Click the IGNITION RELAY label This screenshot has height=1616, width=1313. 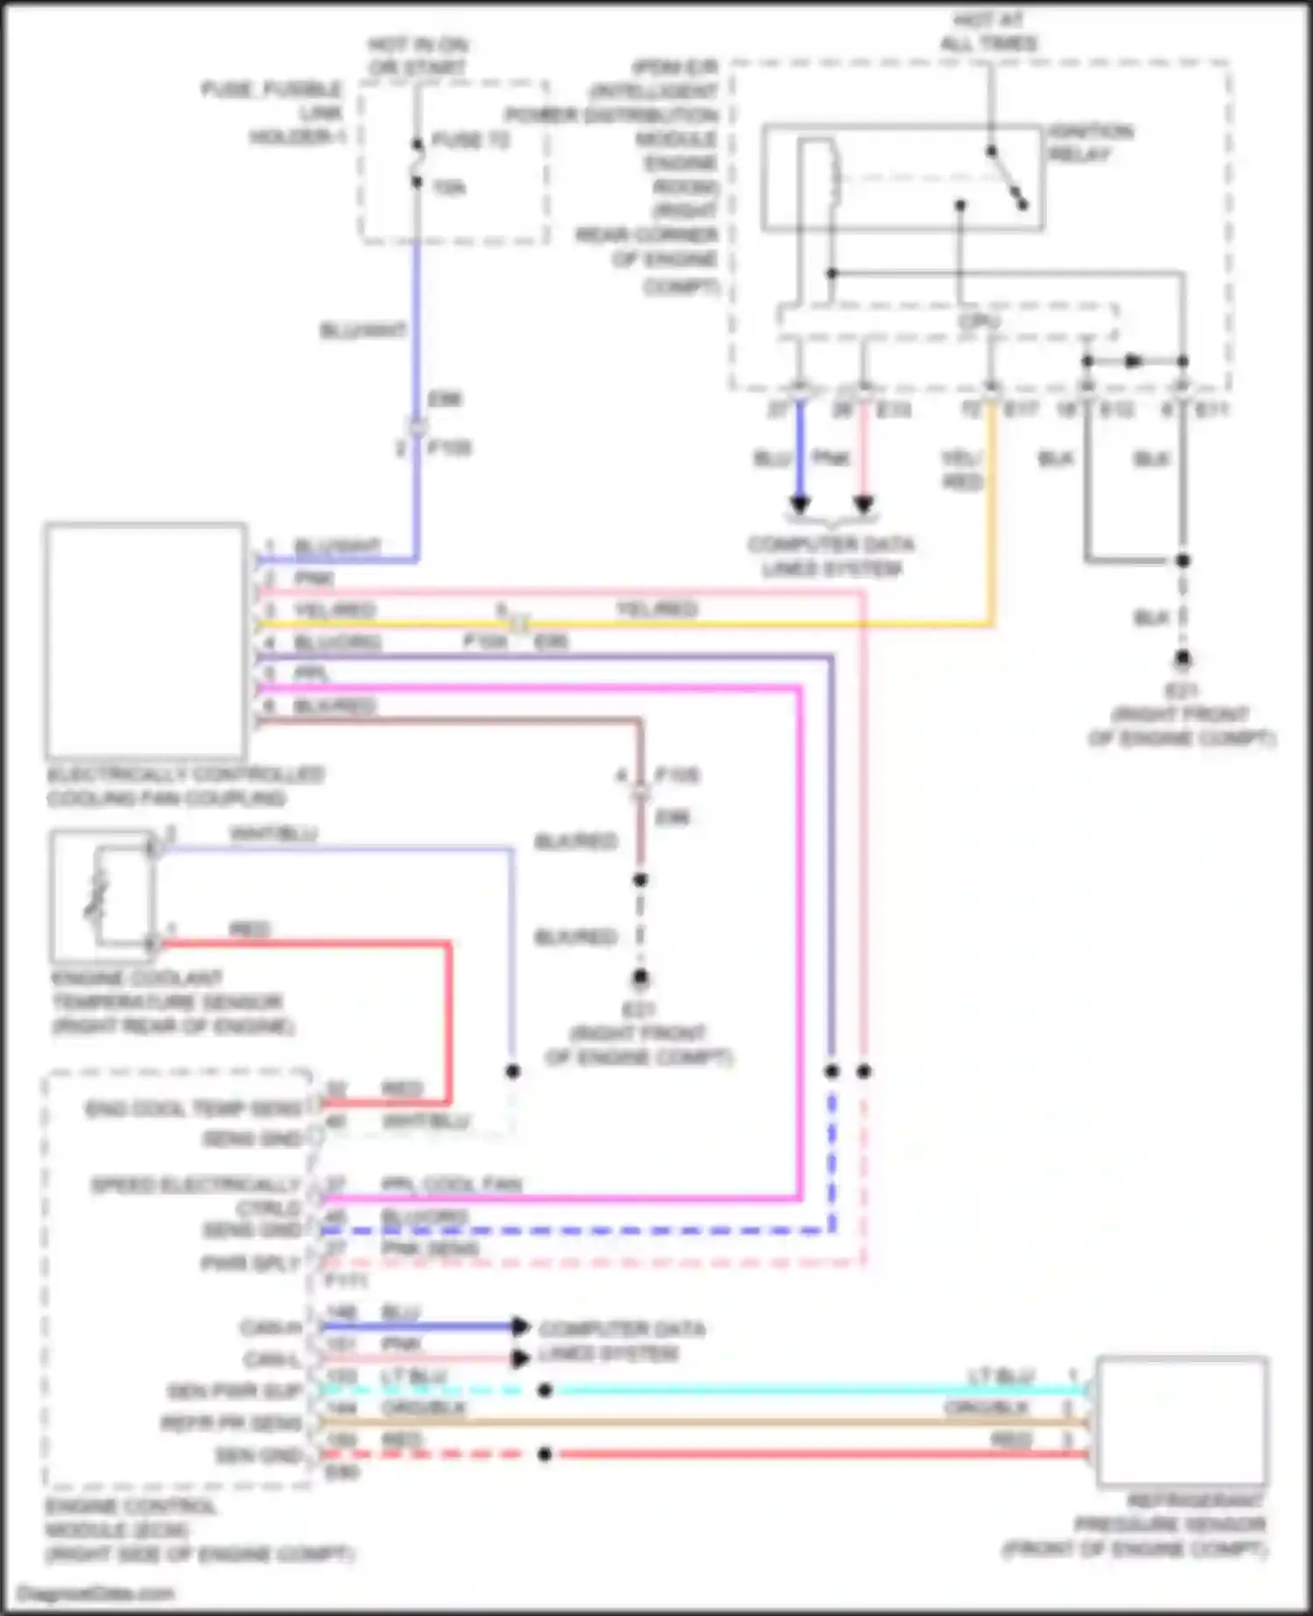click(1090, 144)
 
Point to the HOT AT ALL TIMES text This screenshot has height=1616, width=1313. click(988, 32)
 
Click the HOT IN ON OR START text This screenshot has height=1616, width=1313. click(418, 55)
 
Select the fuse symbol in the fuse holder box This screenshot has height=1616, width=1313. click(418, 163)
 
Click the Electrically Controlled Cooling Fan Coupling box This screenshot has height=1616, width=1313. click(146, 641)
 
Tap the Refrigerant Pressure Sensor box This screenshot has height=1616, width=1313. click(1181, 1421)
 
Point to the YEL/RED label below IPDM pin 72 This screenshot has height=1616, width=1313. click(961, 470)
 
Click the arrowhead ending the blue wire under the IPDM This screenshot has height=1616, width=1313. click(800, 505)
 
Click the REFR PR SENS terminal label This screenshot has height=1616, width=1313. click(231, 1423)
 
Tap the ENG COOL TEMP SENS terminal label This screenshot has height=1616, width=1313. click(193, 1109)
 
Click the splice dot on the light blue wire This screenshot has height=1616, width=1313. click(544, 1390)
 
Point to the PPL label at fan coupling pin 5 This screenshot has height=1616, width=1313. click(311, 674)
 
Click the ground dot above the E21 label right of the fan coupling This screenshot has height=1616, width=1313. click(641, 978)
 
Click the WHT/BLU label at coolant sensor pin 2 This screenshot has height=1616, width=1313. click(273, 833)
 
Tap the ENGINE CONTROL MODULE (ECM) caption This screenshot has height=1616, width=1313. click(200, 1530)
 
